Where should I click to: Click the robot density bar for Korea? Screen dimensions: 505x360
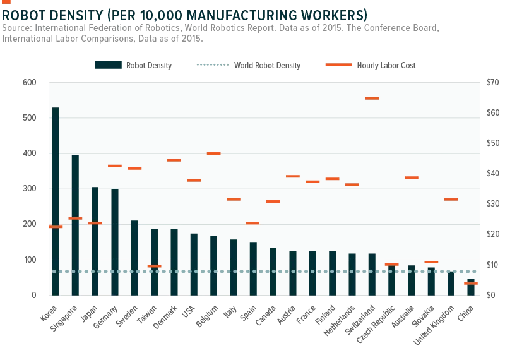[56, 201]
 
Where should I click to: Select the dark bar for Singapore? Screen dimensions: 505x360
[75, 225]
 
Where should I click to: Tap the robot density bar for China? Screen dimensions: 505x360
[471, 287]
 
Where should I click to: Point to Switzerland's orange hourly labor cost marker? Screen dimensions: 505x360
[372, 99]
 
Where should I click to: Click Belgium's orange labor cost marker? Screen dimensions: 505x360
[213, 153]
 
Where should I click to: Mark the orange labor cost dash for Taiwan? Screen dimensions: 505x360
[154, 267]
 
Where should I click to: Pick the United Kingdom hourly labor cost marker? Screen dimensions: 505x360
[451, 200]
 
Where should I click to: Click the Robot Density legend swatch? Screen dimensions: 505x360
[108, 65]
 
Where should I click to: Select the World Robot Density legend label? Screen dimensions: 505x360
[267, 66]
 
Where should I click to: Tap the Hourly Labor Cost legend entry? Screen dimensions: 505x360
[371, 66]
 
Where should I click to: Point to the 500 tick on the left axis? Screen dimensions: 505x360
[29, 118]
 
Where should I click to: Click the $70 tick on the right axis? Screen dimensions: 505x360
[493, 83]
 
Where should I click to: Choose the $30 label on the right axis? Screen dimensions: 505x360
[493, 204]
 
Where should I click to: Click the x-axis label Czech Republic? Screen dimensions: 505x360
[376, 324]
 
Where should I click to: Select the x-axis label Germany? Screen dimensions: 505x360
[105, 317]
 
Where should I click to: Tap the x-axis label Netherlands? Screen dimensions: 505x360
[340, 320]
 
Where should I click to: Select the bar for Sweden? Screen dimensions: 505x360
[134, 258]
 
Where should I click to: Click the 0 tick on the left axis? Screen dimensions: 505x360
[34, 296]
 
